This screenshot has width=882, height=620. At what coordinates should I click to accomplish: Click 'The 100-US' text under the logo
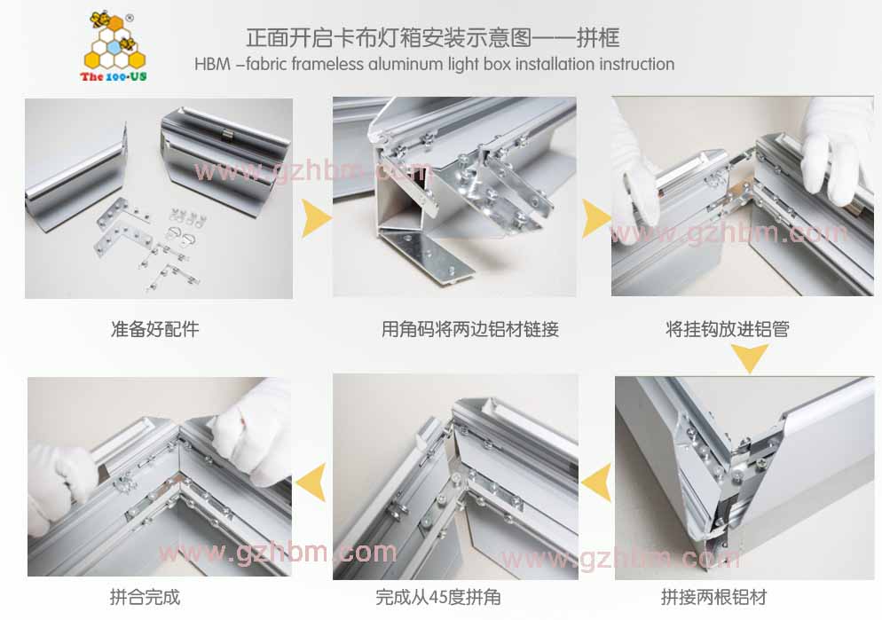(114, 76)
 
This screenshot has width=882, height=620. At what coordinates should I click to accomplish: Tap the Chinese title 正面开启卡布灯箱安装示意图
(389, 37)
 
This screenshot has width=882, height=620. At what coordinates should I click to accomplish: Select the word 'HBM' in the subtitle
(213, 64)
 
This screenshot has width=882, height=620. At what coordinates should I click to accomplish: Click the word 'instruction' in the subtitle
(636, 64)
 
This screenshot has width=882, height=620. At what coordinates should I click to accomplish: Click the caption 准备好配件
(154, 329)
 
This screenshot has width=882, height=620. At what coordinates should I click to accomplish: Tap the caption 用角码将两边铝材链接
(469, 329)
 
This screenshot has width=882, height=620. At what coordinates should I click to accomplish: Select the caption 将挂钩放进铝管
(728, 329)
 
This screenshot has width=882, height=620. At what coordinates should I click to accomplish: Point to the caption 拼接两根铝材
(713, 597)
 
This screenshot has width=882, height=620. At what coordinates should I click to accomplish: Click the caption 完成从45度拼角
(438, 597)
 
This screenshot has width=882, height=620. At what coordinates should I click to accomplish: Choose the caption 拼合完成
(146, 597)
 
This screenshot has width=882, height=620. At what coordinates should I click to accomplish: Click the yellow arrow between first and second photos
(316, 218)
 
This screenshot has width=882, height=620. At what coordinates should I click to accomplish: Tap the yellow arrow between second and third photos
(595, 218)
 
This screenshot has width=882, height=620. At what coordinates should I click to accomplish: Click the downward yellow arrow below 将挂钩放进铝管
(750, 357)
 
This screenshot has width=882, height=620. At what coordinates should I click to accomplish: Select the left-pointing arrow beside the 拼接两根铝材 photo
(597, 483)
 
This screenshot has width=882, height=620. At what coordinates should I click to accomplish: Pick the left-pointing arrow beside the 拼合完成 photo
(311, 483)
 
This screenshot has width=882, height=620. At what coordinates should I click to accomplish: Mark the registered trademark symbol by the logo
(130, 18)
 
